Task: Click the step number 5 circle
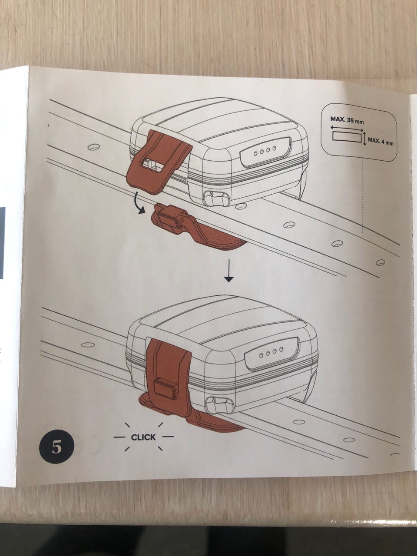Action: coord(56,447)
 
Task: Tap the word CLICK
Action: coord(143,437)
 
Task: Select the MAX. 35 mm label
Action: coord(347,119)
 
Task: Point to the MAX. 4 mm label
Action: coord(381,141)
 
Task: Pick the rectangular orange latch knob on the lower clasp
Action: coord(165,388)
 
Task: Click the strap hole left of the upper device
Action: coord(93,147)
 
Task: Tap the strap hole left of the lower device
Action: coord(88,344)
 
